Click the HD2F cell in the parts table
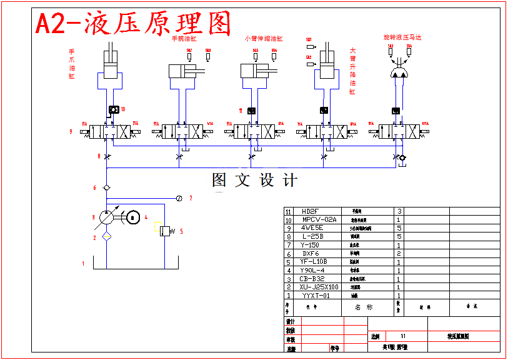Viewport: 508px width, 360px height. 311,211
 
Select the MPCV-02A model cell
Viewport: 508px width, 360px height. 319,220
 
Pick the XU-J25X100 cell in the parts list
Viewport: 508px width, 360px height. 319,287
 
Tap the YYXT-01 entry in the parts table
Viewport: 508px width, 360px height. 316,296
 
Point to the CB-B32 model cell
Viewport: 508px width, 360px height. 312,279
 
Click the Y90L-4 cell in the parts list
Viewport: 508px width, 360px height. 312,270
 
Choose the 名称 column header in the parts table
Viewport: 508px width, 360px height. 364,307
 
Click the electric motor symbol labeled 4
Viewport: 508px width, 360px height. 132,217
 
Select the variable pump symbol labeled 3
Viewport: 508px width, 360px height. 107,218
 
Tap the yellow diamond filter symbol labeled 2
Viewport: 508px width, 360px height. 107,237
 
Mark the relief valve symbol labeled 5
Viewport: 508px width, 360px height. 166,231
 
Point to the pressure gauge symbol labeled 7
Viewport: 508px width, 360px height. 179,198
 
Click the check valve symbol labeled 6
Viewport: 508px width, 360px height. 107,187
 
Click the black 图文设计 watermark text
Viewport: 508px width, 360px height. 255,181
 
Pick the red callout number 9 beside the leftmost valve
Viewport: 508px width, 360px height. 71,132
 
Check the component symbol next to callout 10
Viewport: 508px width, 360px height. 113,110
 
